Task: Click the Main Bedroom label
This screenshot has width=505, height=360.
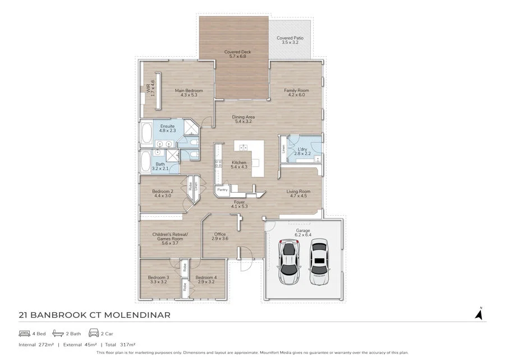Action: click(x=189, y=90)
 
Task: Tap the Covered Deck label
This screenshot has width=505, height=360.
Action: click(x=238, y=52)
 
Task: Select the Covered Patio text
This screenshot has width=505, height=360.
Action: click(x=290, y=38)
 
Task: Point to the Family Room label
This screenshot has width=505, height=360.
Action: click(x=296, y=90)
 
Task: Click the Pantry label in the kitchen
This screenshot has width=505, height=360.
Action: click(x=222, y=190)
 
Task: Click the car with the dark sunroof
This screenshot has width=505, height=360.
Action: click(x=319, y=262)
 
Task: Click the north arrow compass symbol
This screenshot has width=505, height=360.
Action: click(x=479, y=313)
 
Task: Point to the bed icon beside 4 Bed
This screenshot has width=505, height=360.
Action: click(x=24, y=334)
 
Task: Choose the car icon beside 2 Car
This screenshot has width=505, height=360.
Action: click(x=94, y=333)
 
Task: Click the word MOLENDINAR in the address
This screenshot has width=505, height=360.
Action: click(x=137, y=315)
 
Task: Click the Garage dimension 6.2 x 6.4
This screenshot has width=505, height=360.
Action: click(x=303, y=235)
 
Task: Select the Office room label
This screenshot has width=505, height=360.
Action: click(x=220, y=234)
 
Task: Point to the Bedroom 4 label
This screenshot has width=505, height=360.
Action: click(x=206, y=277)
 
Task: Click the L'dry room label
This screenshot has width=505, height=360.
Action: click(x=302, y=149)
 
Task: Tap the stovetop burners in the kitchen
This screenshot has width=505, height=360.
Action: click(x=218, y=163)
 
